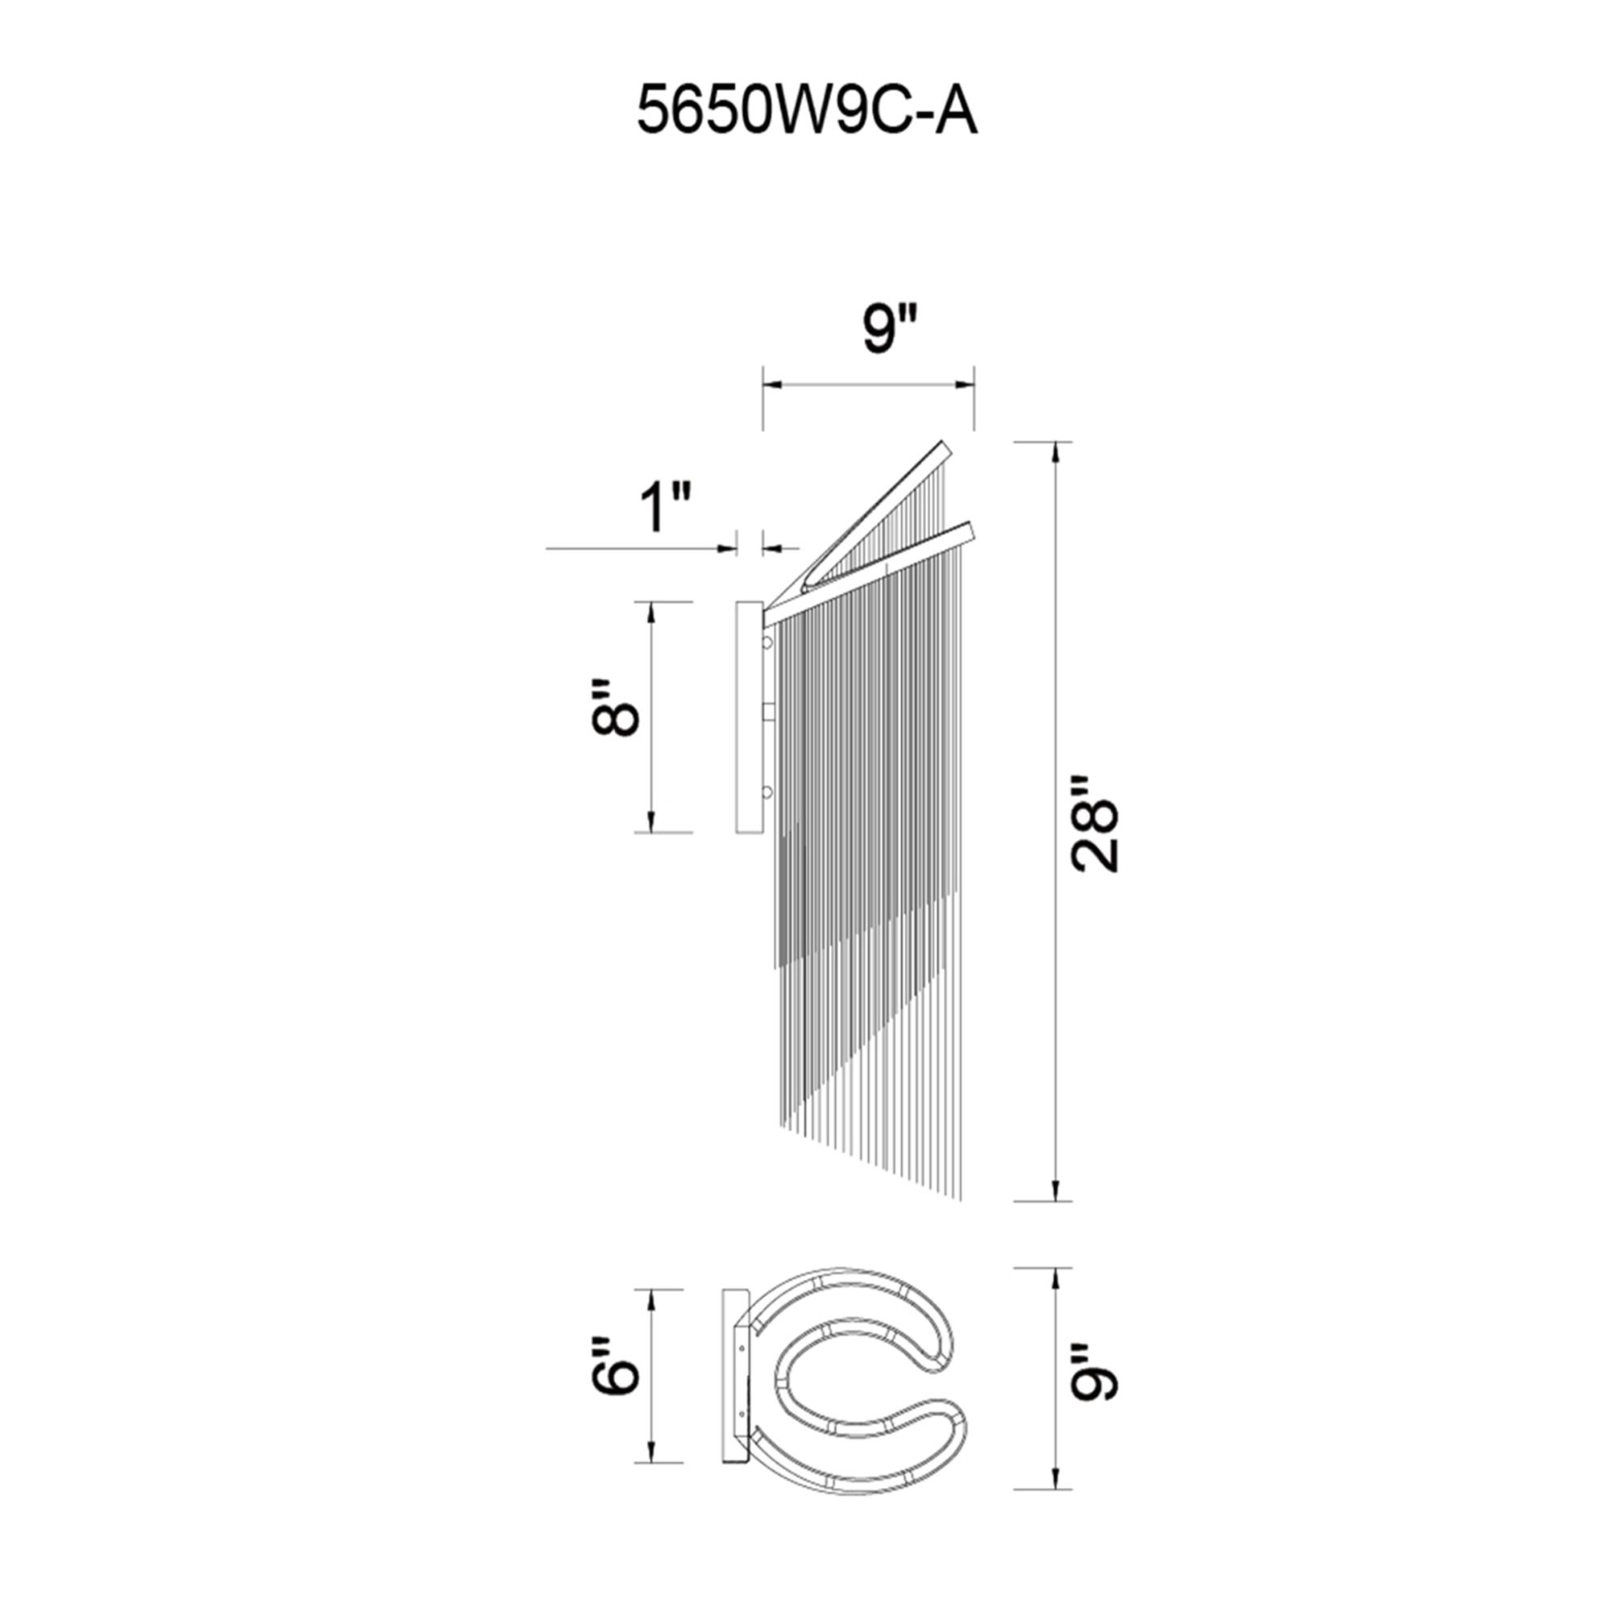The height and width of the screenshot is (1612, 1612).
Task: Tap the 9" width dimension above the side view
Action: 890,329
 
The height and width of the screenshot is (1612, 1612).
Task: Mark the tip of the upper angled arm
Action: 945,447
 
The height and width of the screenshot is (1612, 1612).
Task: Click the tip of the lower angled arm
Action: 970,529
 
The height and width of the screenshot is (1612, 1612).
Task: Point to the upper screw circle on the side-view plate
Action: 767,642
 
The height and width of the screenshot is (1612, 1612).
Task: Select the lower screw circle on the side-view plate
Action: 767,791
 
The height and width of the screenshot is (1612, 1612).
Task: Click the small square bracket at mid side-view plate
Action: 769,711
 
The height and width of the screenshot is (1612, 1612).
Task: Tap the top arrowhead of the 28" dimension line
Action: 1057,451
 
